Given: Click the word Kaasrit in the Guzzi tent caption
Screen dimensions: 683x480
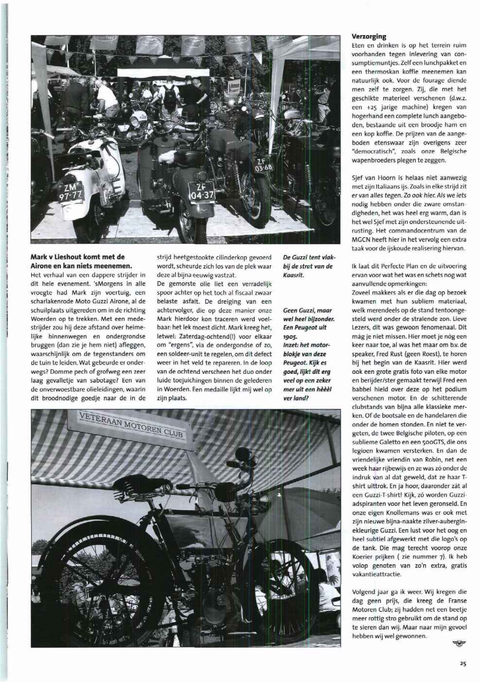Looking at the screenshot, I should click(293, 276).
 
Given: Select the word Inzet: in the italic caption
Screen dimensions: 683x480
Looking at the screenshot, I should click(291, 345).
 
